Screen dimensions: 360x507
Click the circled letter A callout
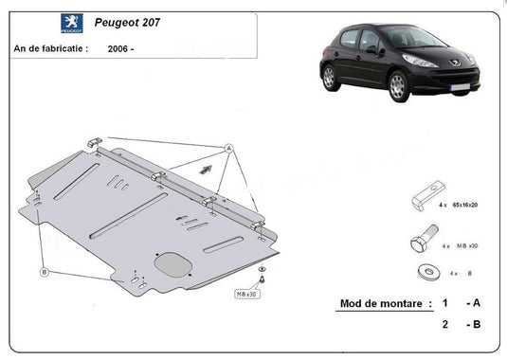[228, 149]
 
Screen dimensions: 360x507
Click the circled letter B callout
[44, 273]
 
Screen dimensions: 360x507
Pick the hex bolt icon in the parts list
[422, 243]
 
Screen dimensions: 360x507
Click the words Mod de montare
[378, 304]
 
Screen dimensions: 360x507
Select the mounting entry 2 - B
[460, 325]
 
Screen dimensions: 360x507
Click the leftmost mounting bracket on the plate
[93, 142]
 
